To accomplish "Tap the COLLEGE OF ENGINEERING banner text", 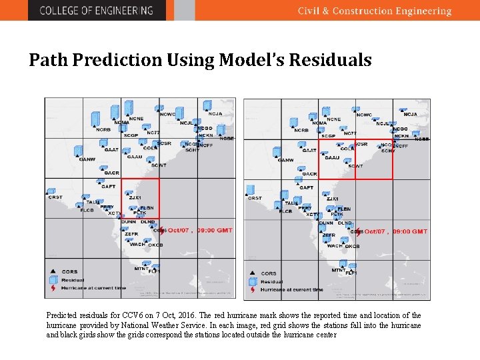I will point(96,10).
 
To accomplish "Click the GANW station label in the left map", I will point(87,159).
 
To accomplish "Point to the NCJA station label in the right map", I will point(410,115).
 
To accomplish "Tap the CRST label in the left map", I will point(55,197).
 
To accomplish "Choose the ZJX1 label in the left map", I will point(135,197).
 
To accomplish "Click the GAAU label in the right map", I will point(332,158).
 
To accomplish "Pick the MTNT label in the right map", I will point(339,269).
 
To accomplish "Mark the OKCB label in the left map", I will point(155,245).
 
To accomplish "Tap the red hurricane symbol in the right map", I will point(359,231).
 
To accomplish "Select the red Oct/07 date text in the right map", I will point(374,231).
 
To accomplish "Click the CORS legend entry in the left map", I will point(69,272).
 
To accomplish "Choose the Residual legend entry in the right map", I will point(271,281).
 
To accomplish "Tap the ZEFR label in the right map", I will point(329,235).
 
